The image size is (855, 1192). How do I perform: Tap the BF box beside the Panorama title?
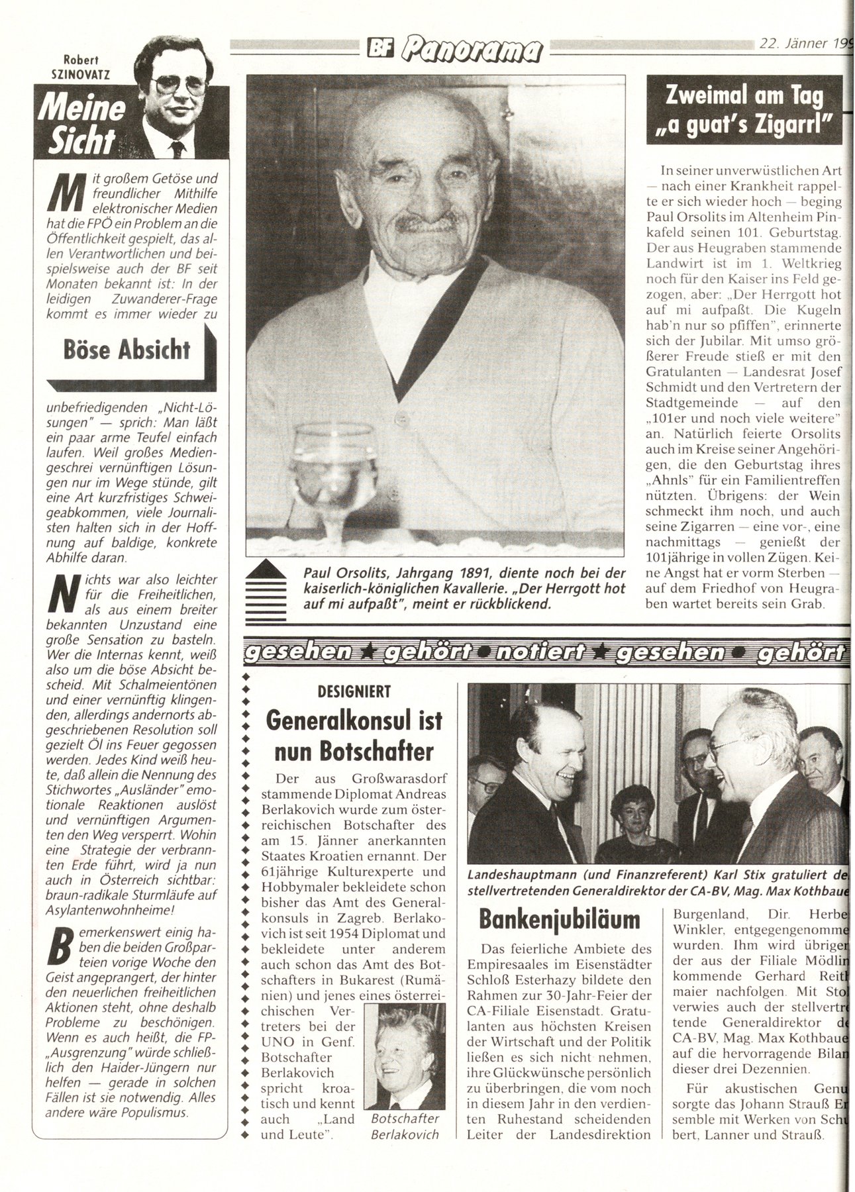pyautogui.click(x=380, y=48)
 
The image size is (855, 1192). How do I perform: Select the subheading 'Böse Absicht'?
pyautogui.click(x=126, y=349)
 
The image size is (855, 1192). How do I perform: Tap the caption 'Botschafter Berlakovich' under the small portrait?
pyautogui.click(x=405, y=1126)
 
